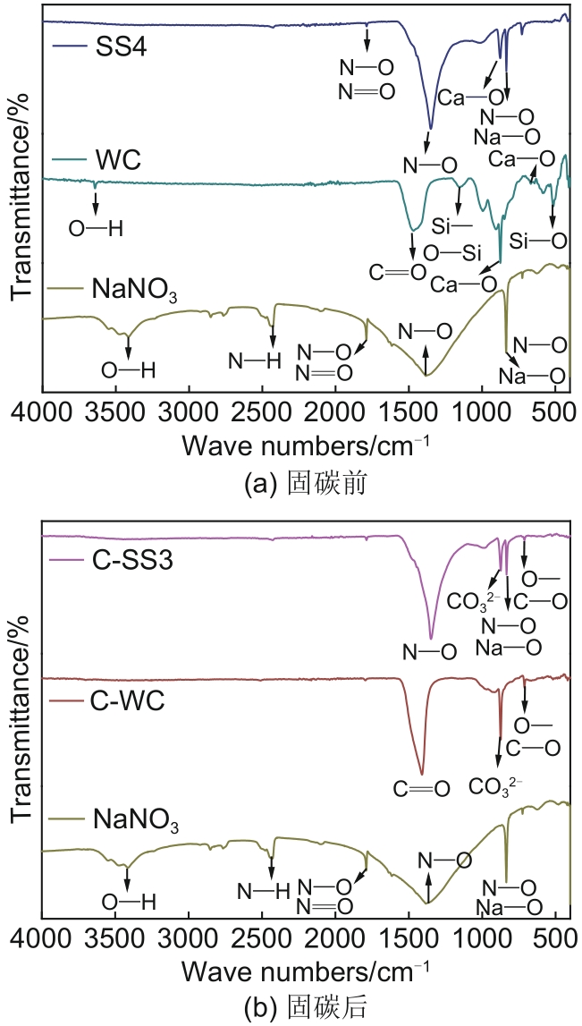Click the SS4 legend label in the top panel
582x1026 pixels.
click(x=121, y=47)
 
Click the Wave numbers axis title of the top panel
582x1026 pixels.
click(x=306, y=444)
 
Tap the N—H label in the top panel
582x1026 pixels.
click(x=255, y=360)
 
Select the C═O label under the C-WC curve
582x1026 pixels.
click(x=419, y=789)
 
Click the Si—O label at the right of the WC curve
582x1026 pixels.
click(x=538, y=241)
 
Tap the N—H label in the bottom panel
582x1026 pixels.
click(x=264, y=890)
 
